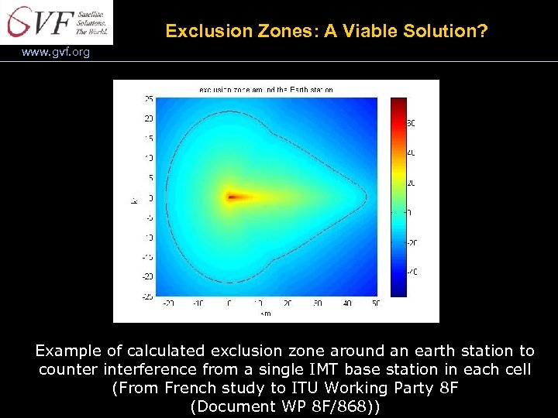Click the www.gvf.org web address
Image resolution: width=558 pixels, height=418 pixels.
click(56, 53)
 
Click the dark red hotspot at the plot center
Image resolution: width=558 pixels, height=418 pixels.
click(232, 197)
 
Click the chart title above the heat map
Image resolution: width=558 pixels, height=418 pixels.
click(266, 90)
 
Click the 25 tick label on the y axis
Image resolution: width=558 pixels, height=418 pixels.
click(147, 98)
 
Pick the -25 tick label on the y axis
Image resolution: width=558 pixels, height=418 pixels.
click(146, 296)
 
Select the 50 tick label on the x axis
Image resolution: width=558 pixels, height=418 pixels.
click(377, 304)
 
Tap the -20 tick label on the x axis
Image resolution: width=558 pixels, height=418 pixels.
click(168, 304)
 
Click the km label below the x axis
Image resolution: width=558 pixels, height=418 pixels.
click(266, 313)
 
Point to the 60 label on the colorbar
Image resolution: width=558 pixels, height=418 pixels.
click(412, 123)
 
